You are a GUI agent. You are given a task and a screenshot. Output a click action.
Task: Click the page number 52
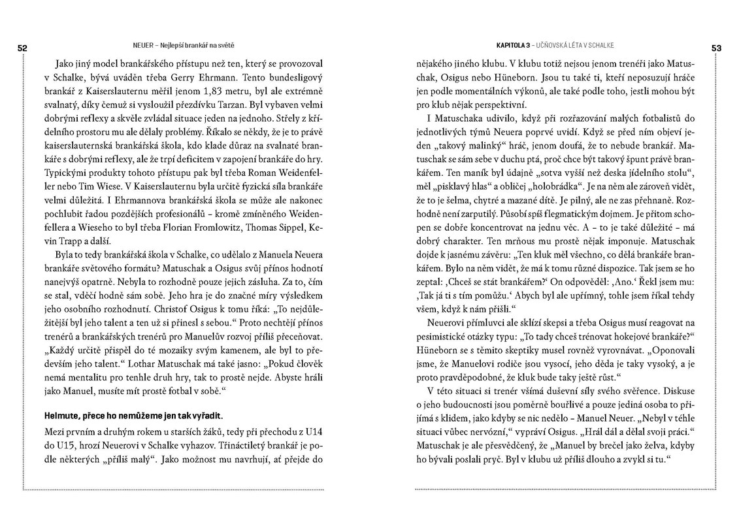(22, 47)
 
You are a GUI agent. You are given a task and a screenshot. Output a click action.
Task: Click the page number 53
(716, 47)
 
